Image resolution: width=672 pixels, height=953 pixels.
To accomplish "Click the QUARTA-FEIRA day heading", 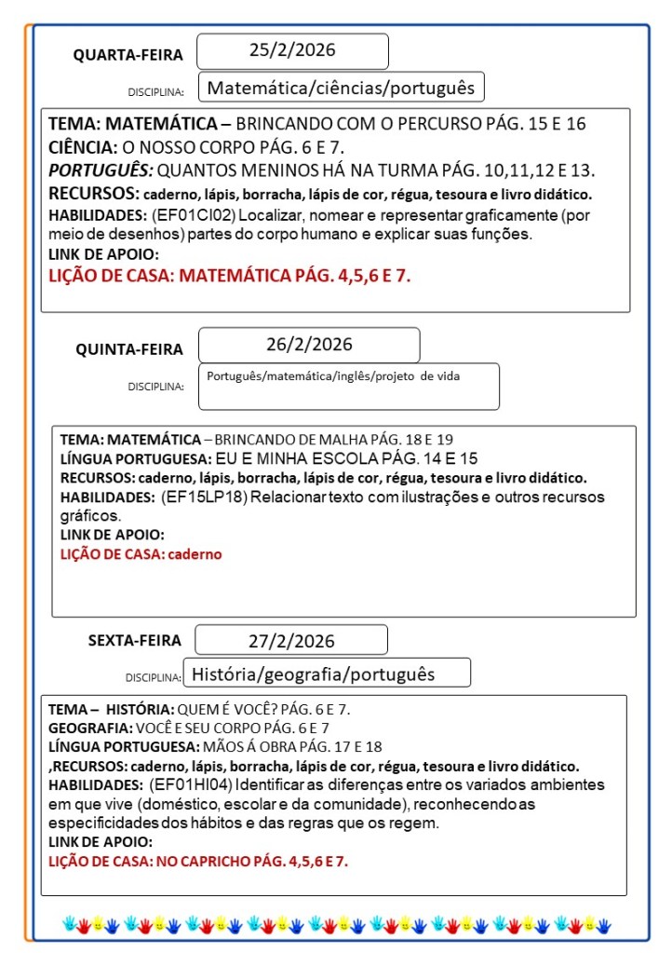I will pyautogui.click(x=128, y=56).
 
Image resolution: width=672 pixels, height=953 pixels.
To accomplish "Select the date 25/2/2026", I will pyautogui.click(x=292, y=50).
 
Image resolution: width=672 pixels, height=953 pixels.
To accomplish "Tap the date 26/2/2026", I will pyautogui.click(x=309, y=344).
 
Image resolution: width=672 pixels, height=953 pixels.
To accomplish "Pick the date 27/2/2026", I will pyautogui.click(x=291, y=641).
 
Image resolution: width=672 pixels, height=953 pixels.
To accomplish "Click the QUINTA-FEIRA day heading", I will pyautogui.click(x=129, y=349).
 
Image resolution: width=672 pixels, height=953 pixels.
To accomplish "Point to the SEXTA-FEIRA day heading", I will pyautogui.click(x=135, y=641).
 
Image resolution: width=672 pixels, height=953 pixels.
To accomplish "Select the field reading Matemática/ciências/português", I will pyautogui.click(x=342, y=88).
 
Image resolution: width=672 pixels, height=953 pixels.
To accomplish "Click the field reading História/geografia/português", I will pyautogui.click(x=314, y=673).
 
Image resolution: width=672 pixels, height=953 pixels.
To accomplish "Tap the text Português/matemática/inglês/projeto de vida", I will pyautogui.click(x=333, y=375).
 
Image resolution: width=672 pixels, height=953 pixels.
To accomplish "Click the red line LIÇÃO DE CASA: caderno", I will pyautogui.click(x=141, y=553).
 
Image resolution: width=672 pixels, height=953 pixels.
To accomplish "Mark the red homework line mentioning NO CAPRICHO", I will pyautogui.click(x=197, y=861).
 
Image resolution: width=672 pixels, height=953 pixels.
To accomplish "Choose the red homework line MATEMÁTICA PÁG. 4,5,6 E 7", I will pyautogui.click(x=229, y=276).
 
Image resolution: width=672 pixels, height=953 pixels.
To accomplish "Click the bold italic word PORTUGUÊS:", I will pyautogui.click(x=101, y=170).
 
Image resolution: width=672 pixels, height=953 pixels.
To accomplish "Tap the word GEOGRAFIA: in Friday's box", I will pyautogui.click(x=90, y=728).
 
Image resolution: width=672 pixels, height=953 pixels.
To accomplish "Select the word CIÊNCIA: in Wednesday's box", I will pyautogui.click(x=83, y=147).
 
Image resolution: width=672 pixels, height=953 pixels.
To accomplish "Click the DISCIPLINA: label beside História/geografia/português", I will pyautogui.click(x=155, y=677).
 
